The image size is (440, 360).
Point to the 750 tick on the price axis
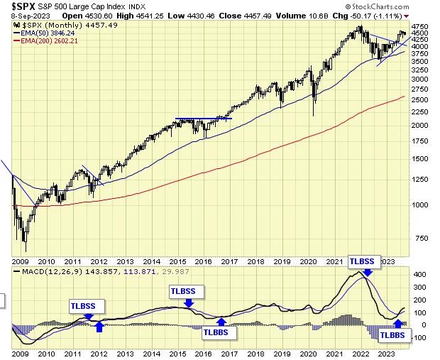point(419,238)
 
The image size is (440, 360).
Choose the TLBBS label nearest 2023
point(392,335)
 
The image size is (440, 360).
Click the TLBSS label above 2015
point(187,290)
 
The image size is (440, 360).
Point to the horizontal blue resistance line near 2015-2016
point(203,119)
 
